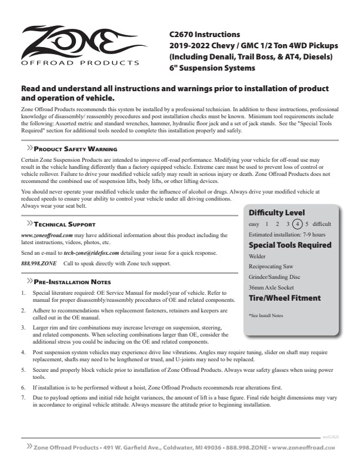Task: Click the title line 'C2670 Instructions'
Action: pyautogui.click(x=205, y=34)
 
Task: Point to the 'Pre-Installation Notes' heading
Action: pyautogui.click(x=72, y=282)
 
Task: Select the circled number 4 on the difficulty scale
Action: pyautogui.click(x=298, y=224)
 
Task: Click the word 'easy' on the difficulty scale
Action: pyautogui.click(x=254, y=224)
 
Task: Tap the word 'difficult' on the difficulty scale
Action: pyautogui.click(x=324, y=224)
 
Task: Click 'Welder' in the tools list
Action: pyautogui.click(x=258, y=256)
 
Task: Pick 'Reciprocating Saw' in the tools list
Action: pyautogui.click(x=271, y=267)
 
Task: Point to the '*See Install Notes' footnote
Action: pyautogui.click(x=266, y=316)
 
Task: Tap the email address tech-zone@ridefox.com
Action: pyautogui.click(x=91, y=252)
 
